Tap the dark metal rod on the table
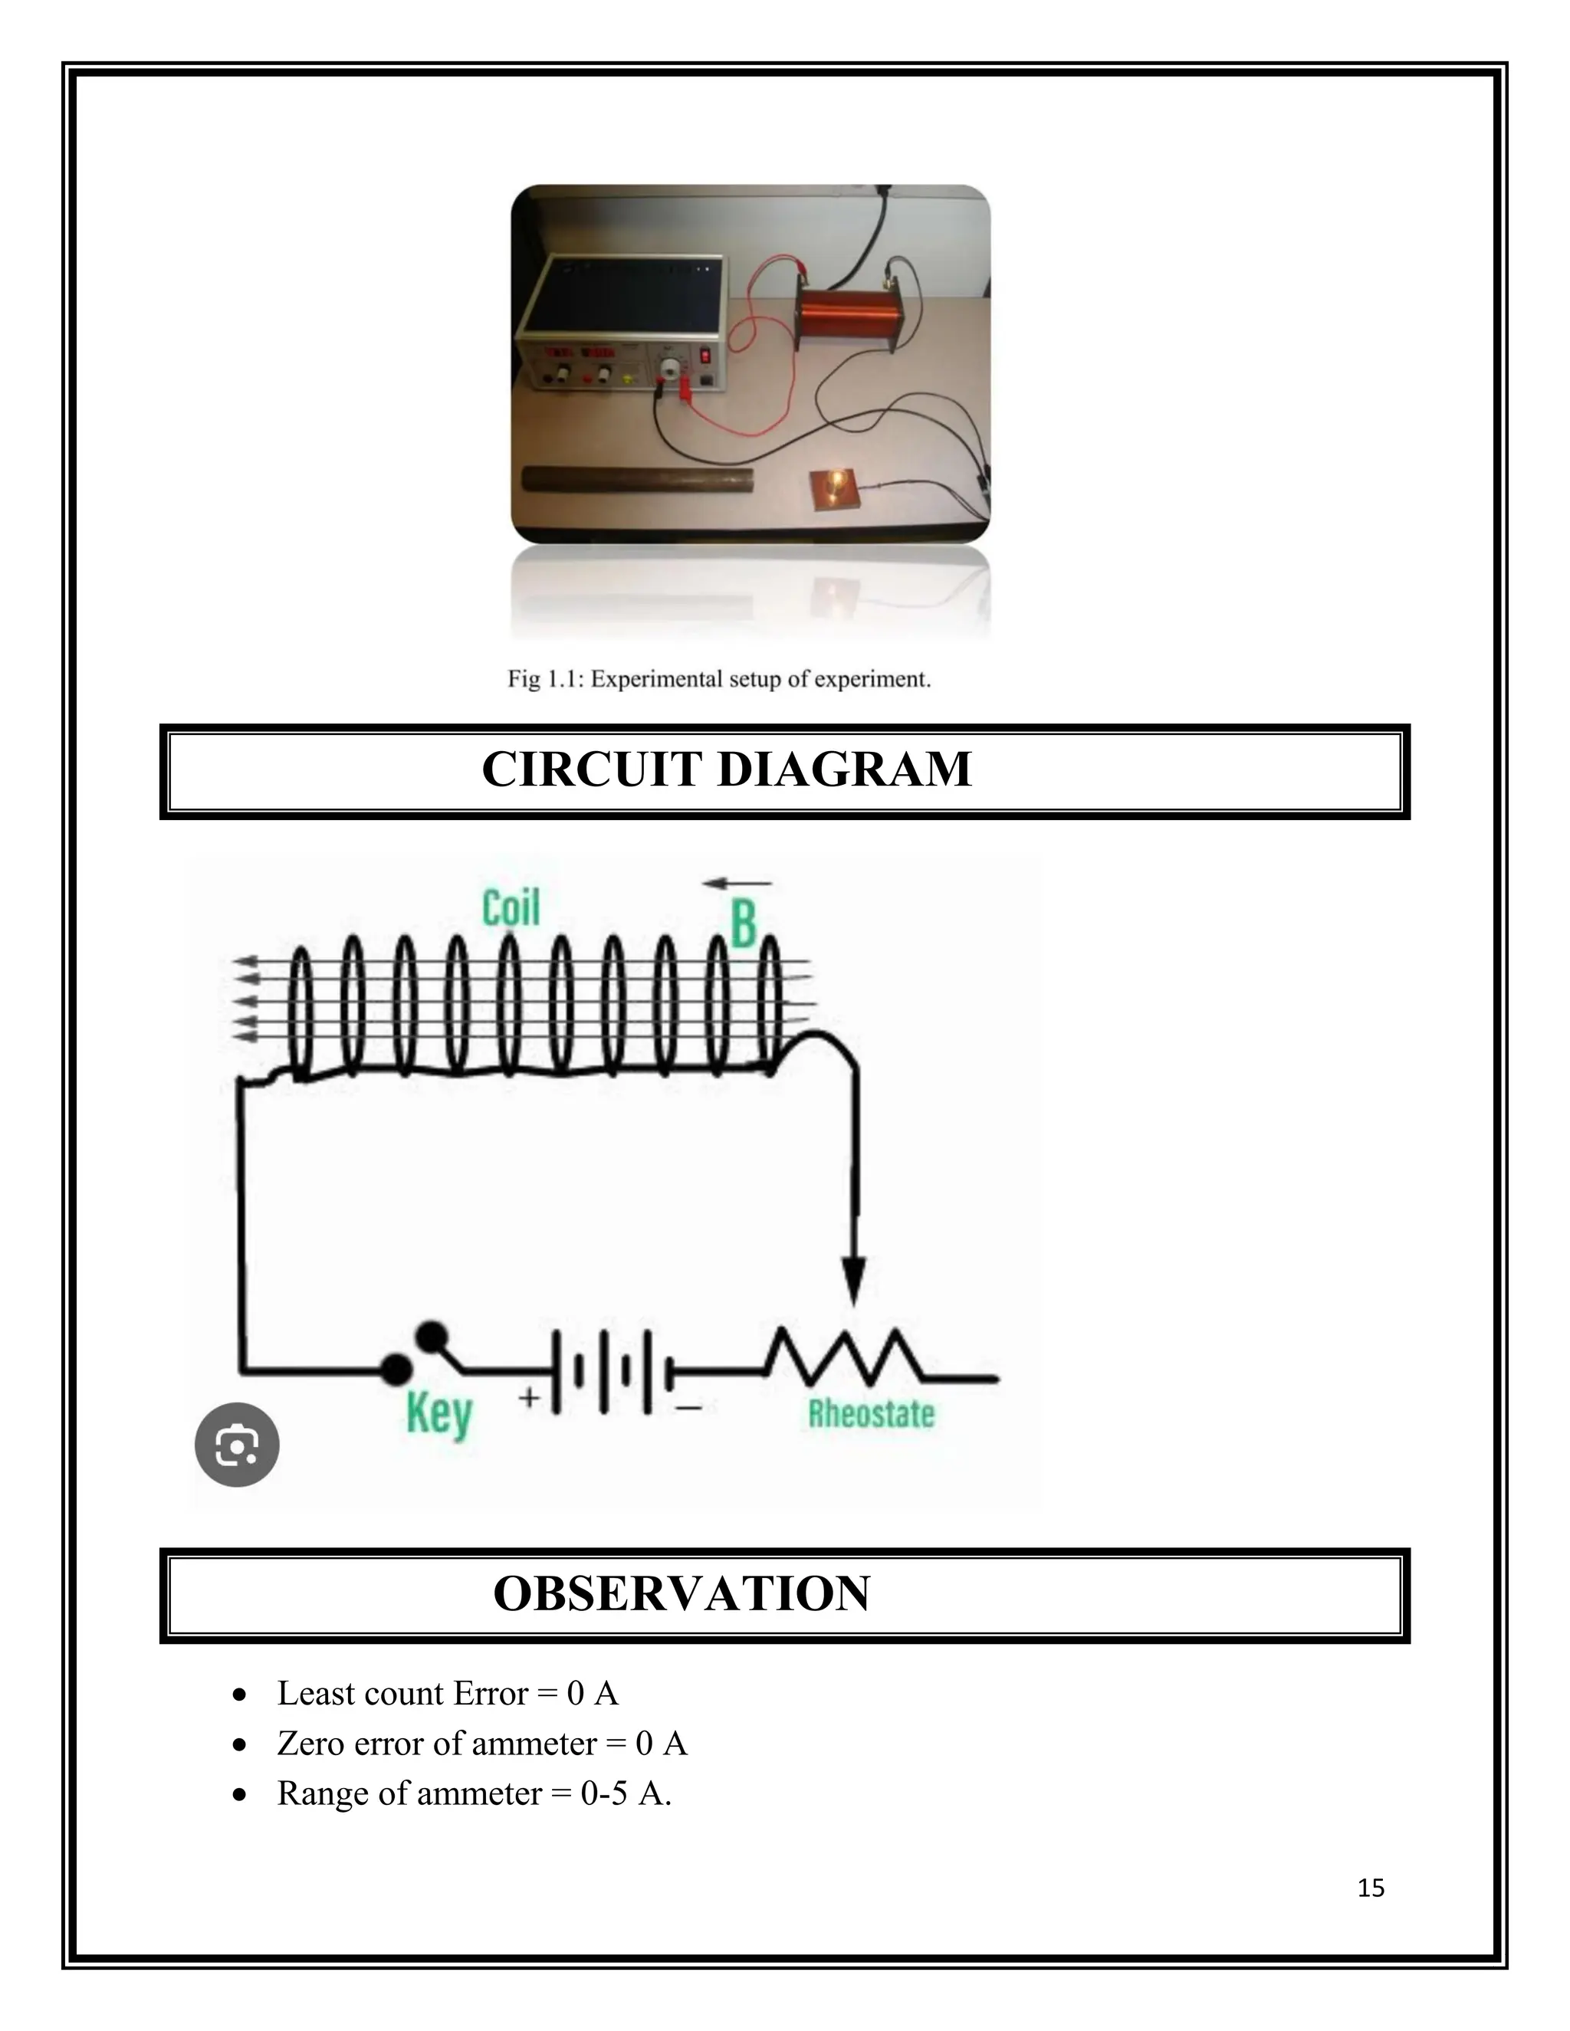[x=637, y=480]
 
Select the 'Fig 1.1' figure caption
[x=719, y=679]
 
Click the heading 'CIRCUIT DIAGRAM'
[x=727, y=770]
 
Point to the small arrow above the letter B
[x=737, y=882]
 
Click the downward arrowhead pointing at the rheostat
[x=854, y=1281]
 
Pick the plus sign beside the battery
[x=529, y=1396]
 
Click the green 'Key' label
[x=439, y=1416]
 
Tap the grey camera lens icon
[x=236, y=1444]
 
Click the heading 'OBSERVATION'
[x=681, y=1594]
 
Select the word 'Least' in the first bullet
[x=314, y=1694]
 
